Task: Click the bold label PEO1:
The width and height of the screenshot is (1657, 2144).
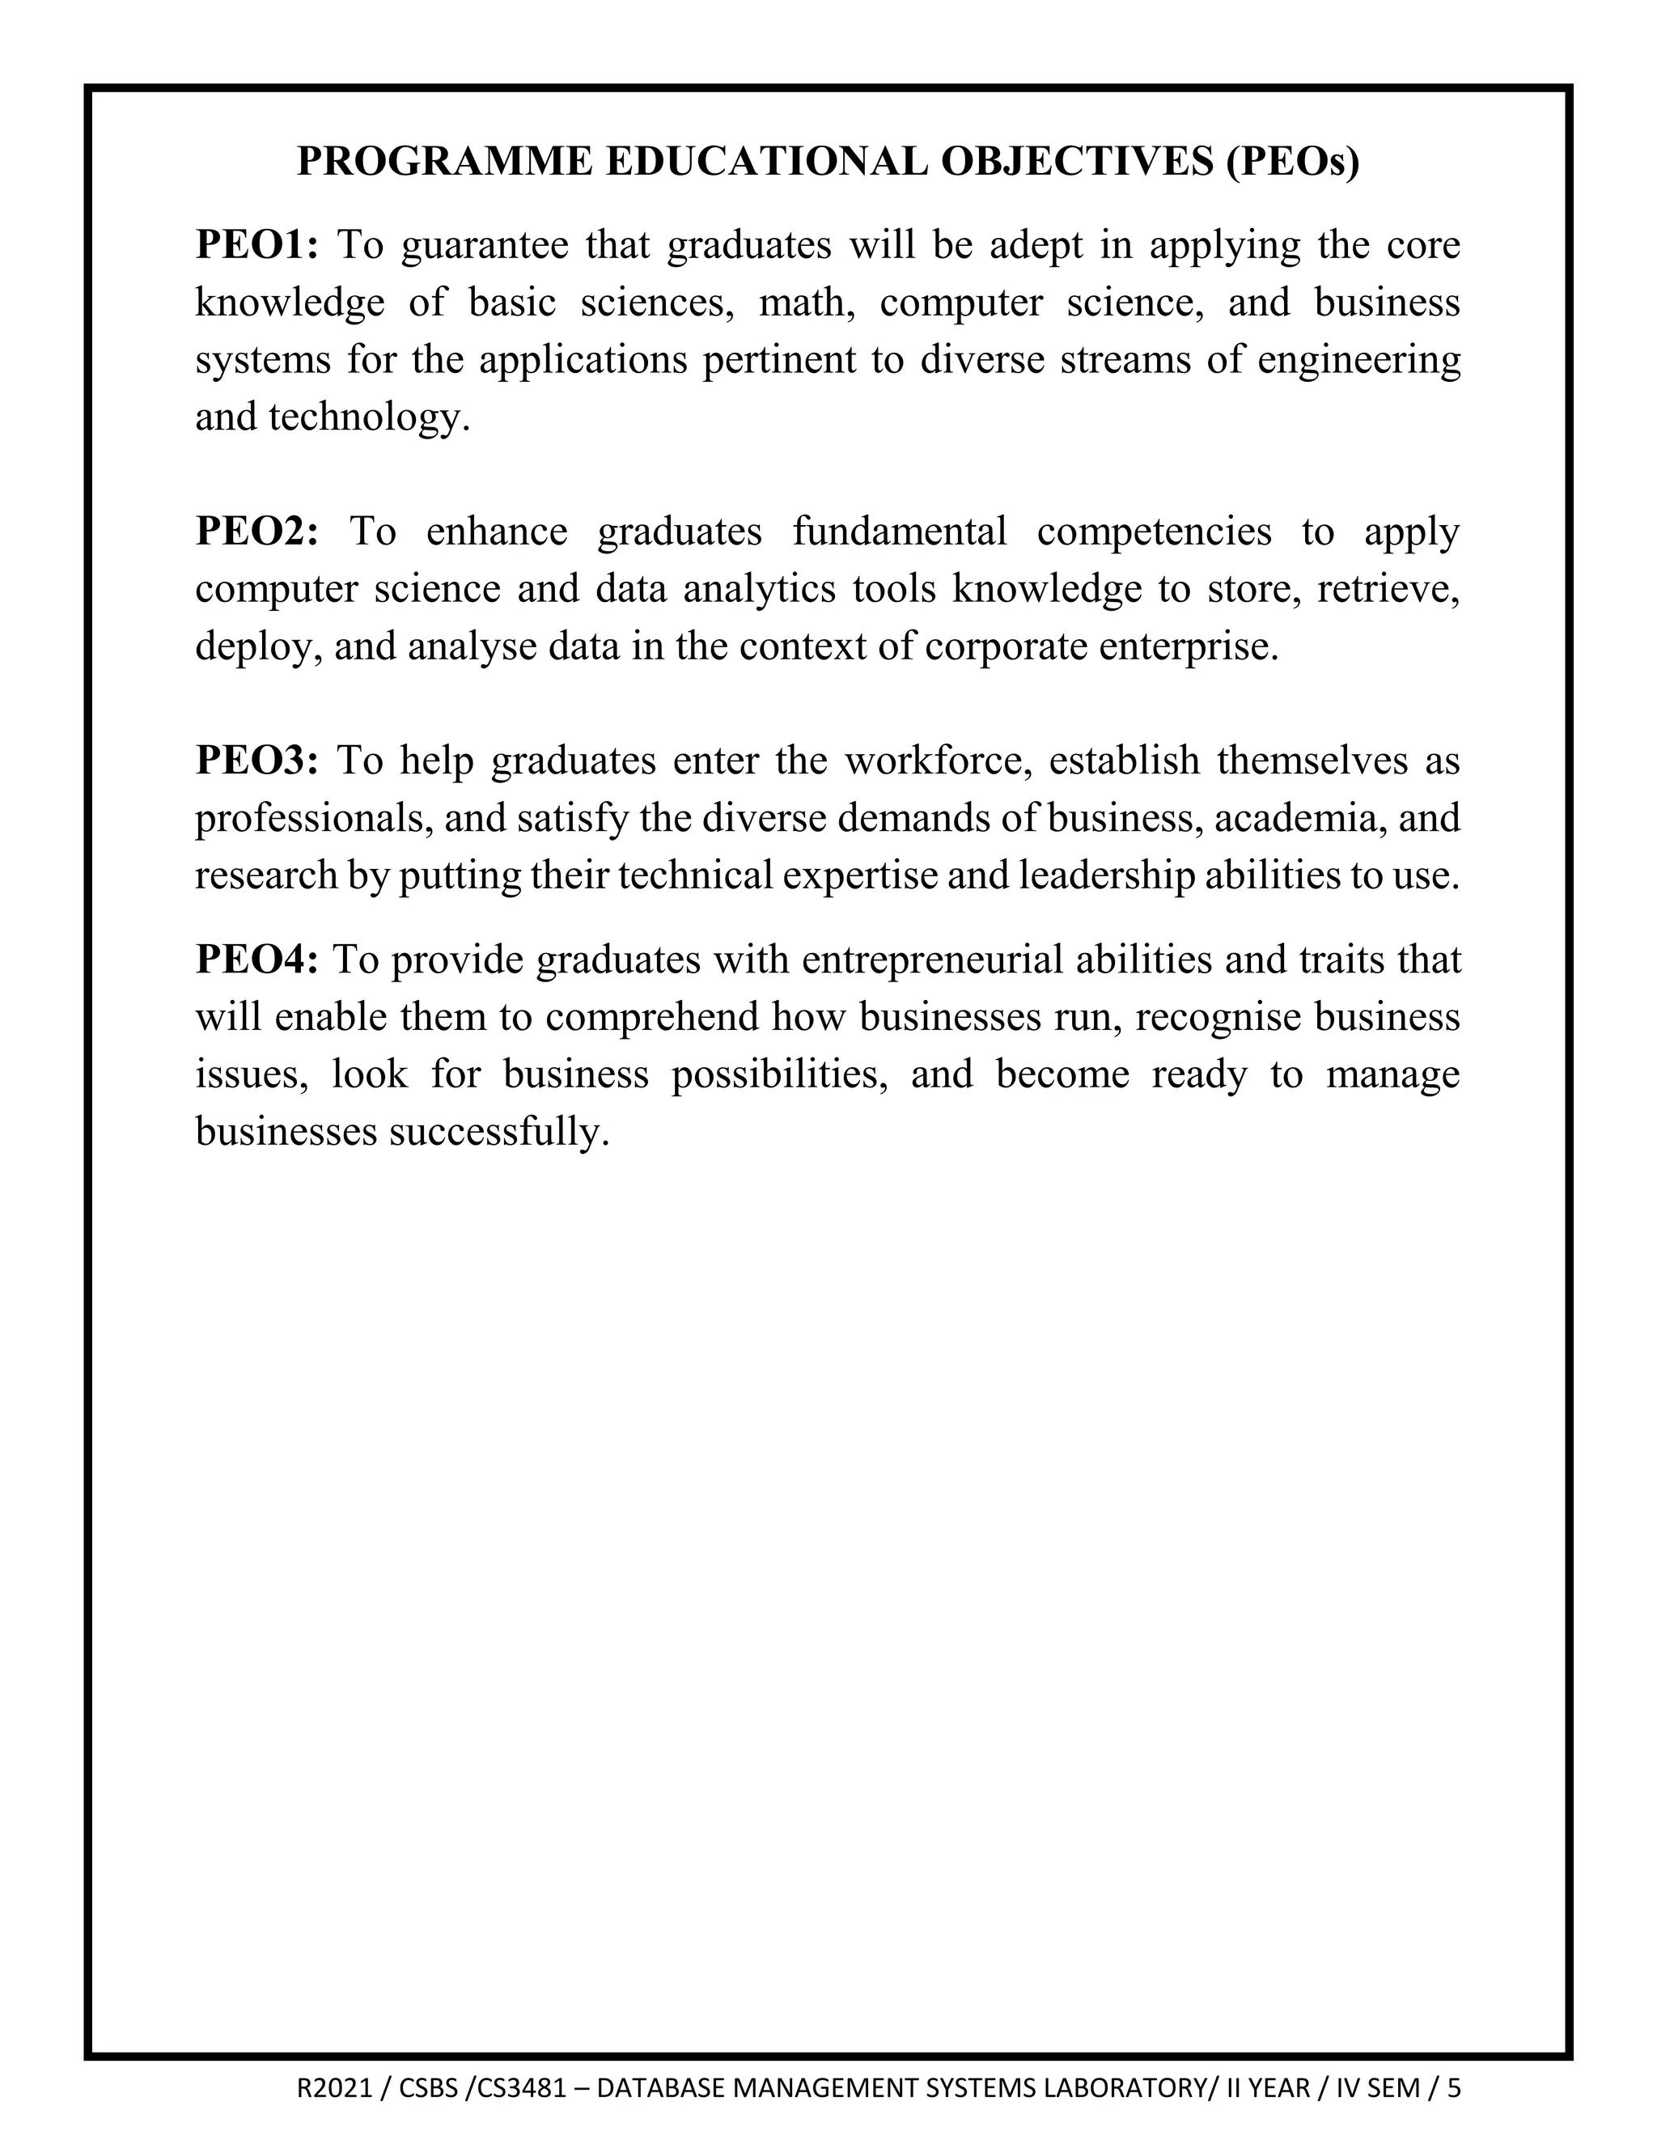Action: tap(257, 244)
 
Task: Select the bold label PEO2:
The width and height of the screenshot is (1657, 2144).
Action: tap(257, 531)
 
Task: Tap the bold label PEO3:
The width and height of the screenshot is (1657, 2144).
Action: tap(257, 761)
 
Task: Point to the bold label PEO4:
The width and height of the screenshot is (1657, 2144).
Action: tap(257, 959)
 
